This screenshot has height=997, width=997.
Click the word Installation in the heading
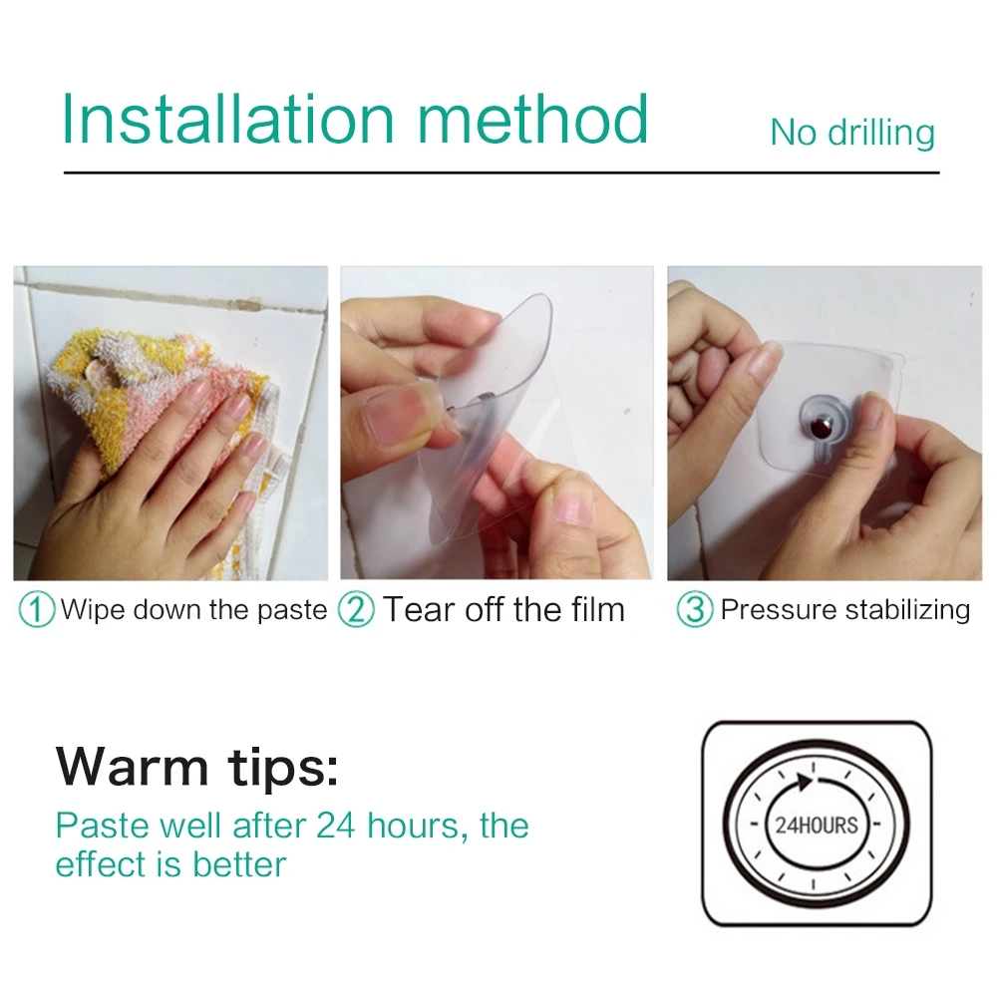(228, 119)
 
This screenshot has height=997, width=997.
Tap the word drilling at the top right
(881, 133)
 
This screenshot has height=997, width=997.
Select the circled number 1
(36, 609)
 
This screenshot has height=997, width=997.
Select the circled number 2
(356, 609)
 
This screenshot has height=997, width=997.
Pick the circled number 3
(694, 609)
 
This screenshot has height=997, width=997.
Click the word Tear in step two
(419, 609)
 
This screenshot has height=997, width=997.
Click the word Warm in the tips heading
(133, 766)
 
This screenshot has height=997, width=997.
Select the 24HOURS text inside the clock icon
(817, 826)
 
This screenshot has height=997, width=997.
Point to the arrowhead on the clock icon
(805, 782)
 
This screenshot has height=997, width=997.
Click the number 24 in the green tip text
(335, 826)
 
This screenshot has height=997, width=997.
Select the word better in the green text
(239, 864)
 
